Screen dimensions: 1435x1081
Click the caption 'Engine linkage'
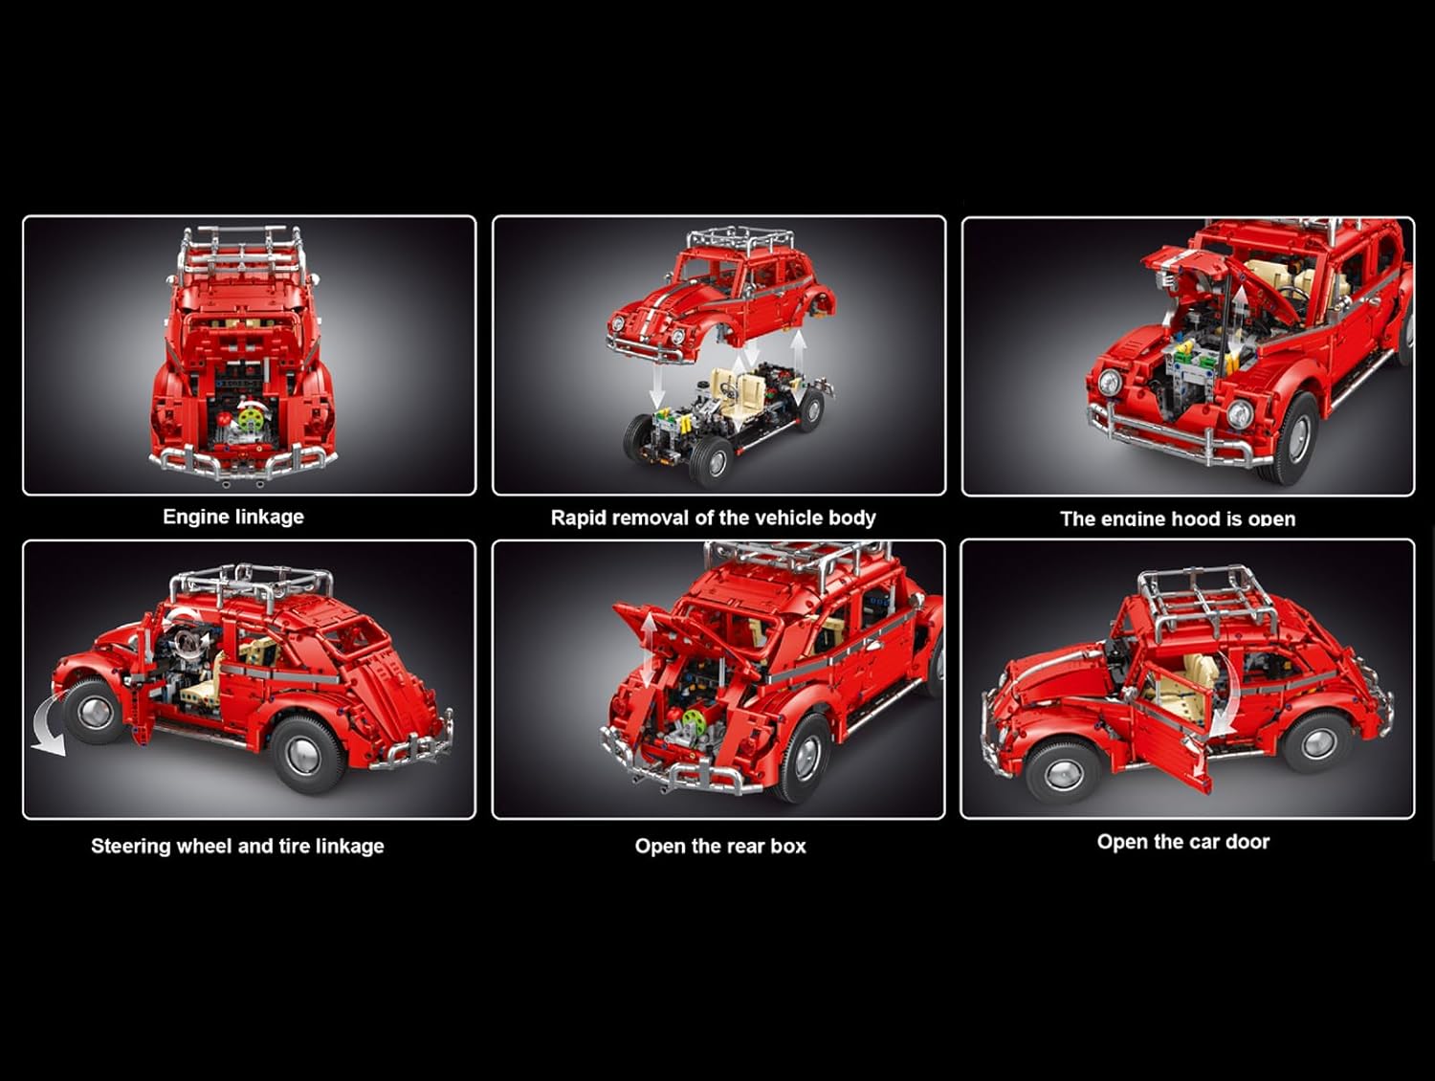click(233, 517)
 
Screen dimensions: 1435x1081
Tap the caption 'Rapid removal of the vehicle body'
click(714, 518)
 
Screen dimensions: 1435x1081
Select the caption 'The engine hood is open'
click(1178, 518)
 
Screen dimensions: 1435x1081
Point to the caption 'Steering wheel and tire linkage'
click(237, 846)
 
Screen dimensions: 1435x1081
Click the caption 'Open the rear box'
click(720, 846)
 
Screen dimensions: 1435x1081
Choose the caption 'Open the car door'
click(1183, 842)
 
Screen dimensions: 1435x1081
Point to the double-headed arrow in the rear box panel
click(649, 651)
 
